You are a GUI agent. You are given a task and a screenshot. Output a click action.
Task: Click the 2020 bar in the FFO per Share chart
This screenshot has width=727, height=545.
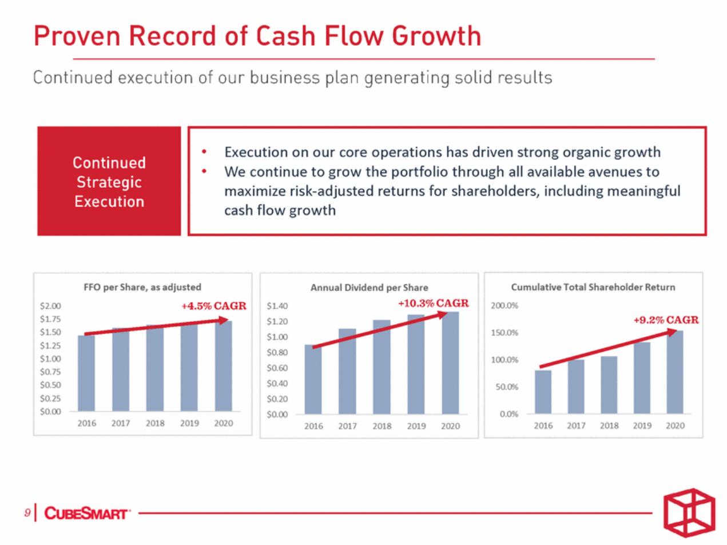224,366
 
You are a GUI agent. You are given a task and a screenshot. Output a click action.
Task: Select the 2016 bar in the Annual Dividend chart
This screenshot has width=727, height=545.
313,380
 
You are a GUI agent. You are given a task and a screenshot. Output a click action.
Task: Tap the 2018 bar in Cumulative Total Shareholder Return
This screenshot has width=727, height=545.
609,385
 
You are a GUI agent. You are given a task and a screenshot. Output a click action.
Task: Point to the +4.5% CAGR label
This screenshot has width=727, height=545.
214,305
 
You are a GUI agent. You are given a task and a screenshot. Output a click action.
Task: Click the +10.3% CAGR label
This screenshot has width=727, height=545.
433,303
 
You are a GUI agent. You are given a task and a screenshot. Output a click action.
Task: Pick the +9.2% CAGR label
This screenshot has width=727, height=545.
666,320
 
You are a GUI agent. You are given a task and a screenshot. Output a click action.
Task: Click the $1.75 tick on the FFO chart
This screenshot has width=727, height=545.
50,319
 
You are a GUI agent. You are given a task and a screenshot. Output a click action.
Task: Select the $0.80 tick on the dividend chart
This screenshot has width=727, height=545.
277,352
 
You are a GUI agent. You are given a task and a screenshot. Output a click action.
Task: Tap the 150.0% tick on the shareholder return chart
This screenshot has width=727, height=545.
504,332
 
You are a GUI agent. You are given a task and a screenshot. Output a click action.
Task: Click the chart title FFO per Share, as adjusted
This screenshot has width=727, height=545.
142,287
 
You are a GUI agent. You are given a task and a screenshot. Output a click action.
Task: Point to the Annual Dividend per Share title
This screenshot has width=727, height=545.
370,288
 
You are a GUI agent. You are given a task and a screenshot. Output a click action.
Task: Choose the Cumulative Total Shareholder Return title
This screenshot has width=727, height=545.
593,287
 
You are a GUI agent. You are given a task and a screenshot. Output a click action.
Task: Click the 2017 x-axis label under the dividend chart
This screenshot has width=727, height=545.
347,426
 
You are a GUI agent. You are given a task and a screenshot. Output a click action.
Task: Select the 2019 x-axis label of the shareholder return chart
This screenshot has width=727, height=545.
642,425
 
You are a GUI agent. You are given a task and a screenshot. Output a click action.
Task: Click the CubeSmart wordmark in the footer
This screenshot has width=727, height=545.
86,514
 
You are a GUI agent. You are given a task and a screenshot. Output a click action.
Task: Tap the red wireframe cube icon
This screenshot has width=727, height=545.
689,512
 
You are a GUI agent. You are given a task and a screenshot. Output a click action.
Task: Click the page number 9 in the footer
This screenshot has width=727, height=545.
27,512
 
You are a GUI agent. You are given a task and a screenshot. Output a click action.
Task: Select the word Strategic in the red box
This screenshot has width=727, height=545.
109,182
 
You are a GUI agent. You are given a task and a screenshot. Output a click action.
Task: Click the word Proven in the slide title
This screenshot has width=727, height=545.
77,36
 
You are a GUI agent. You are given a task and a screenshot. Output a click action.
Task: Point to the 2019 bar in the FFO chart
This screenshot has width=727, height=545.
189,368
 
